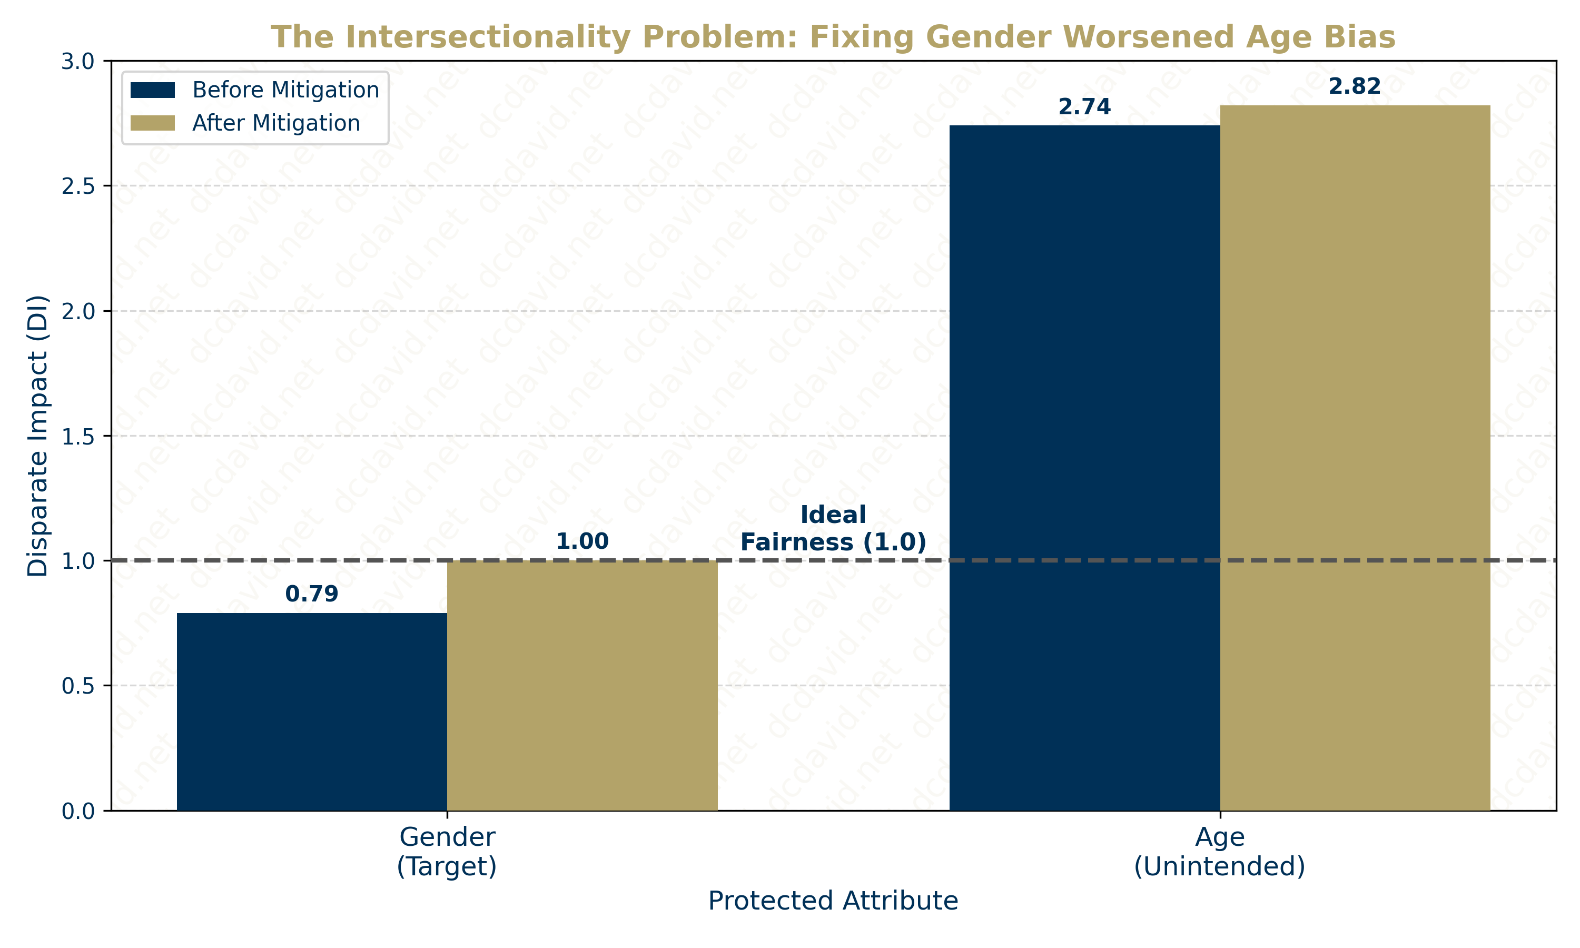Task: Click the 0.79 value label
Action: (312, 594)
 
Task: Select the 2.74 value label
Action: (1084, 107)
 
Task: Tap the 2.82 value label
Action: (1355, 86)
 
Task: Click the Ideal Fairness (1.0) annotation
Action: (833, 528)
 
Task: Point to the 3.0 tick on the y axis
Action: (77, 62)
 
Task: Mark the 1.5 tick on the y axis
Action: (77, 436)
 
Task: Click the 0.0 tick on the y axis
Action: (77, 811)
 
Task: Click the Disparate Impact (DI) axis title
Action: (38, 436)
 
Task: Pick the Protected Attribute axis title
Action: (833, 901)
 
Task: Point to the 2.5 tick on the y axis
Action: (77, 186)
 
